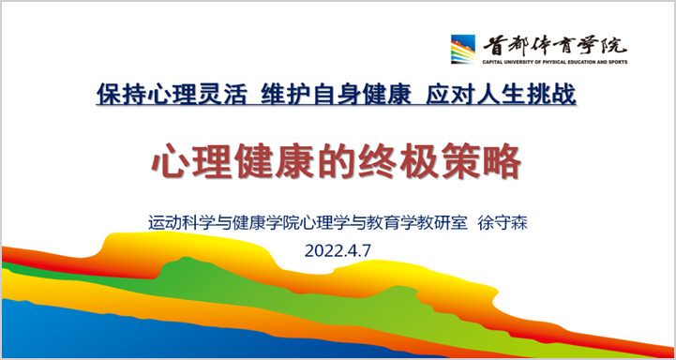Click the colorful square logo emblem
click(464, 48)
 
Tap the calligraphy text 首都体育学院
click(554, 43)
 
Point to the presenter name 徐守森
click(511, 223)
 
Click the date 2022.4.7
click(338, 250)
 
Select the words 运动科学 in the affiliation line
click(178, 223)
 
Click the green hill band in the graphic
click(188, 281)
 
